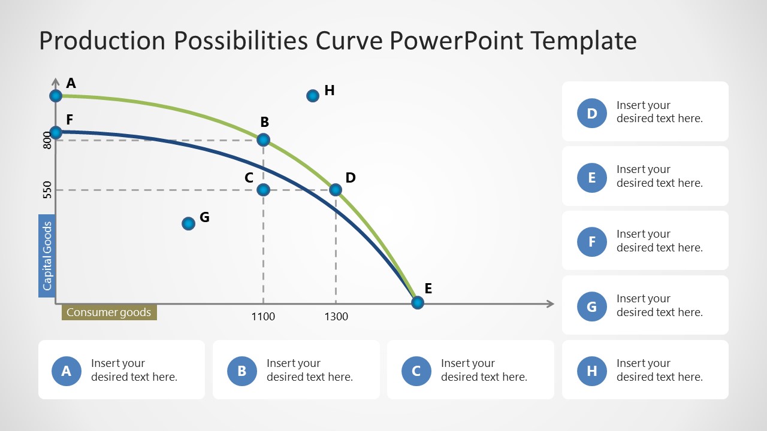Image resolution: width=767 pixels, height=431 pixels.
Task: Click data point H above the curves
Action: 312,96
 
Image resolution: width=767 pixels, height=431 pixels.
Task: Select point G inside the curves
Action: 188,223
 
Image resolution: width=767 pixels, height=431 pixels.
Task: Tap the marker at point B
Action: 263,140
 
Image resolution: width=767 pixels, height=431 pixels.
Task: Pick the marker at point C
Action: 263,190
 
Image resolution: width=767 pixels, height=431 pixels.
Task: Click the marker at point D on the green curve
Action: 336,190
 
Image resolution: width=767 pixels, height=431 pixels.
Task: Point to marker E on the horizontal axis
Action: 418,303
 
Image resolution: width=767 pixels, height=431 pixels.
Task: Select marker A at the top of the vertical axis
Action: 56,96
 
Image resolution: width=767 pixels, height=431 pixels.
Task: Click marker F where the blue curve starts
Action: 56,132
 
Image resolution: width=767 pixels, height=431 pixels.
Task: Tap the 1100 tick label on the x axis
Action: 263,317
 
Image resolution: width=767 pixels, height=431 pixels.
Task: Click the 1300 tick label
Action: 336,317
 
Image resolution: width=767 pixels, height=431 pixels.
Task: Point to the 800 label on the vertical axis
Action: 48,140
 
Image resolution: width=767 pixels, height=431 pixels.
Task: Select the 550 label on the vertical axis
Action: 48,190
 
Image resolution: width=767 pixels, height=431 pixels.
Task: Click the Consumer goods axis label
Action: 109,312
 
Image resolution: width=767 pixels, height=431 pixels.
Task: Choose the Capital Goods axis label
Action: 47,256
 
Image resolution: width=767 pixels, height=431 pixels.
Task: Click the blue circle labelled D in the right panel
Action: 592,113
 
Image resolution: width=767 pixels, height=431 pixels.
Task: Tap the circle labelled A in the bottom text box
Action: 67,371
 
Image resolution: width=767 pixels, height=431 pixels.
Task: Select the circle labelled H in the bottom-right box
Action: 592,371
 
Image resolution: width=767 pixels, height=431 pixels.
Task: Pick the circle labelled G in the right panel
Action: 592,307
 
